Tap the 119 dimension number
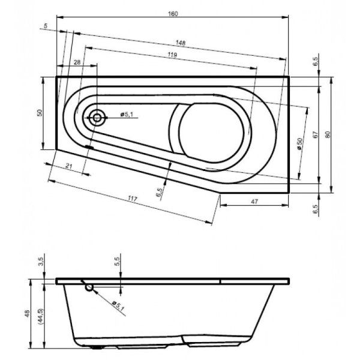[172, 56]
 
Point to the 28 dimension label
[77, 62]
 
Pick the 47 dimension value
[254, 202]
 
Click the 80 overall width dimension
[328, 134]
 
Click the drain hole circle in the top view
[96, 117]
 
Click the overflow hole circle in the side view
[89, 288]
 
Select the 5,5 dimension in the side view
[118, 262]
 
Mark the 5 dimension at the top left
[46, 26]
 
